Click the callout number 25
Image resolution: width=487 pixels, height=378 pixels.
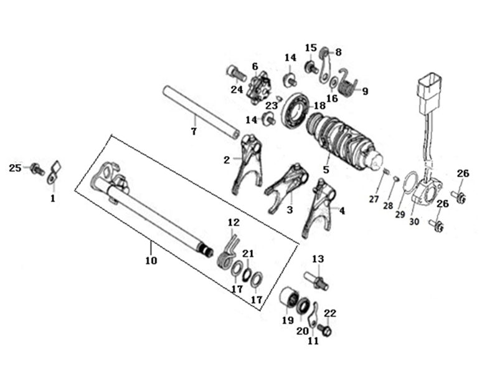(15, 167)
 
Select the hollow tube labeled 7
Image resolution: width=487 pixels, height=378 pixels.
(201, 112)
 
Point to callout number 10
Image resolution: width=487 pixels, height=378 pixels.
(151, 260)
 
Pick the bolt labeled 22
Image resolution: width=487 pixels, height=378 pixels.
(325, 328)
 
